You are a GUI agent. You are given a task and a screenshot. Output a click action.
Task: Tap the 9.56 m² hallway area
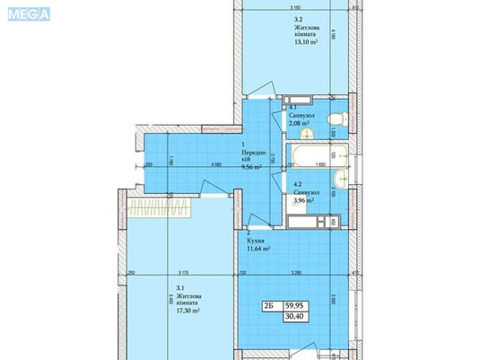pos(249,167)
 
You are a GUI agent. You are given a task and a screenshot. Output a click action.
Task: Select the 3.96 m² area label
pos(303,200)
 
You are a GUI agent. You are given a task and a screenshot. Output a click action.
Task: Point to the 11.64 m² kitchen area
pos(260,249)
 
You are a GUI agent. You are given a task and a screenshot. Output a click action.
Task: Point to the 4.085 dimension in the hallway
pos(216,165)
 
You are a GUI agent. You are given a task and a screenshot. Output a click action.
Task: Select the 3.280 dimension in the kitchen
pos(292,272)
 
